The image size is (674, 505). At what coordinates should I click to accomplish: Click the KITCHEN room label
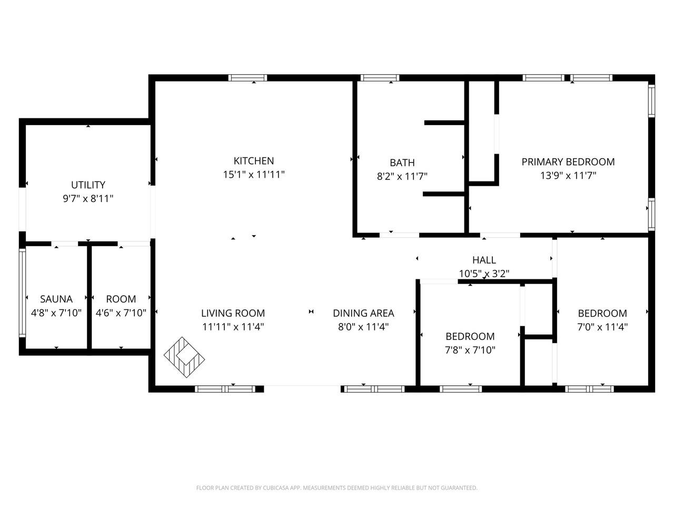click(253, 161)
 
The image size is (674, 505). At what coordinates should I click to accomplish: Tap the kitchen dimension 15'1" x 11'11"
click(253, 174)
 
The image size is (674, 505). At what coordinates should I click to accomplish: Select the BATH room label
click(402, 163)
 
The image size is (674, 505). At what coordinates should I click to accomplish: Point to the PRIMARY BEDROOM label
click(568, 162)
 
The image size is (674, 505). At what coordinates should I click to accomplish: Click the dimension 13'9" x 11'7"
click(568, 176)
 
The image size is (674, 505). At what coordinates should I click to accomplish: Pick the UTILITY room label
click(88, 185)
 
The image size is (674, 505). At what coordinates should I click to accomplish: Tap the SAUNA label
click(56, 299)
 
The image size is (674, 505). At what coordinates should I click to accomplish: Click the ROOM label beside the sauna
click(121, 299)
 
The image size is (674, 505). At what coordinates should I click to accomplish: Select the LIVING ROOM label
click(233, 314)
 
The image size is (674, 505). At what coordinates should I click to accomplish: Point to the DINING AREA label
click(363, 314)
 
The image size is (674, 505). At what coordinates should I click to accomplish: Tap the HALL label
click(483, 260)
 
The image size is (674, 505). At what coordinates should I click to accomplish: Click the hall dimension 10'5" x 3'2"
click(483, 274)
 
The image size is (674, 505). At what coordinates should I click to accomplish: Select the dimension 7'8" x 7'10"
click(470, 350)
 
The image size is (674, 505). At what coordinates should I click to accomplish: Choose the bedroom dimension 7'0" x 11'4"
click(602, 327)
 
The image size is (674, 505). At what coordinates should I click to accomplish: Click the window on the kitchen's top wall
click(247, 78)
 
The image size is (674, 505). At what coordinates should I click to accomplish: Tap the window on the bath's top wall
click(380, 78)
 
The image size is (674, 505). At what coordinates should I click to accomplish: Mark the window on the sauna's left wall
click(22, 292)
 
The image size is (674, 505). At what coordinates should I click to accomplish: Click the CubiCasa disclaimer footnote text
click(336, 488)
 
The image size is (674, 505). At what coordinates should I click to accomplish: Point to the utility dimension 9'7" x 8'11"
click(88, 198)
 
